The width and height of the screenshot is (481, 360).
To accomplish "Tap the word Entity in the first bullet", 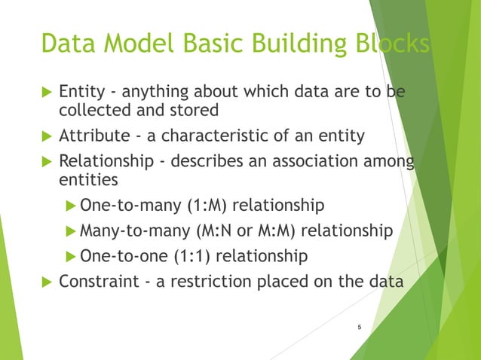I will (81, 92).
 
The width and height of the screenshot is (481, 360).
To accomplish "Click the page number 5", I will (360, 327).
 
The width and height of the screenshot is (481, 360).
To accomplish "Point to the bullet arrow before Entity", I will (44, 93).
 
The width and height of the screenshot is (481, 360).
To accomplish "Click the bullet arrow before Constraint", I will (44, 282).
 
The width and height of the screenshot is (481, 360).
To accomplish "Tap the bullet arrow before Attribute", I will (44, 136).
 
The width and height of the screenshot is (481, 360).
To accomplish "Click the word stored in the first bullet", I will (195, 110).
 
